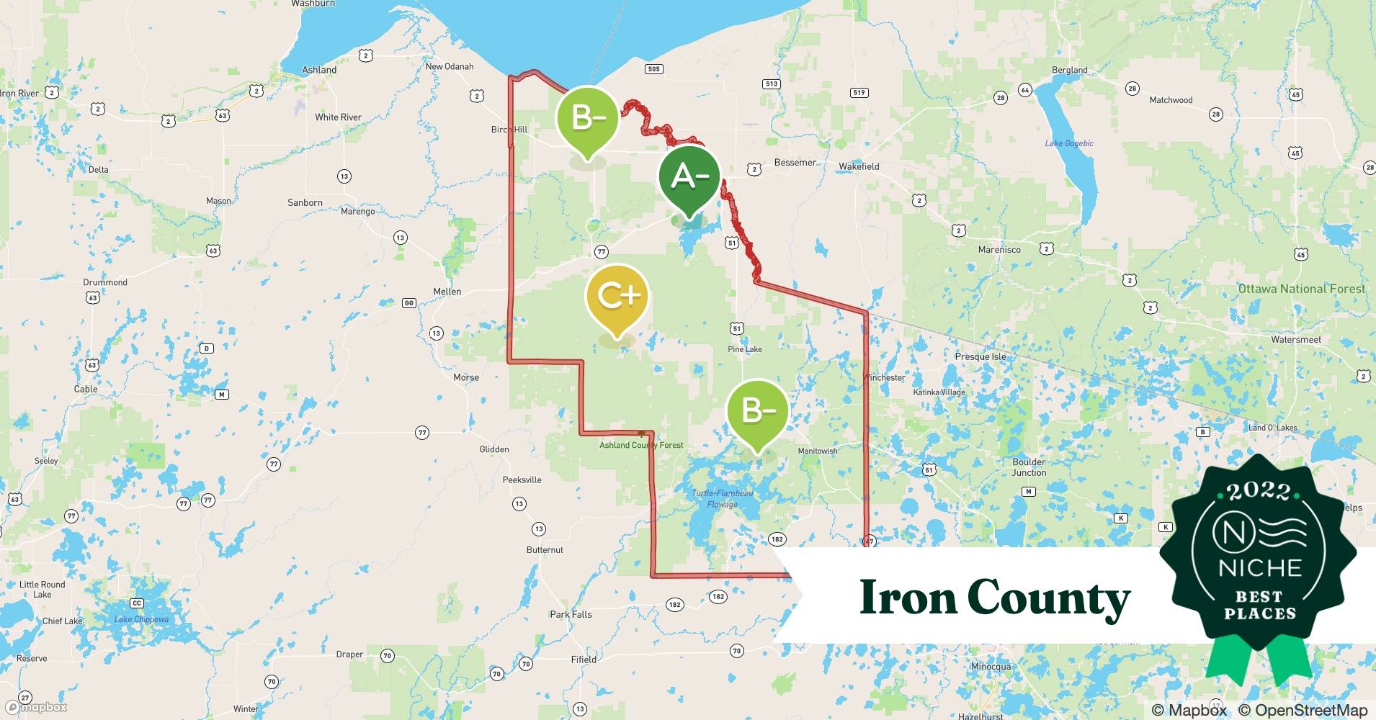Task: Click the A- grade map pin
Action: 689,176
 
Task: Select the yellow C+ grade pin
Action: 617,296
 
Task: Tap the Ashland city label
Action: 319,70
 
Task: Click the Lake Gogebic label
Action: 1069,143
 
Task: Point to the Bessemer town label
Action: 795,163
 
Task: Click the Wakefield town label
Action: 859,166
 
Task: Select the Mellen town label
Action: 447,292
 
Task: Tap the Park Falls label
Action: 571,614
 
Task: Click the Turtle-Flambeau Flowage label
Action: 723,498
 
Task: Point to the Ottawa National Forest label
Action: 1301,289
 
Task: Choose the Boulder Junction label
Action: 1029,467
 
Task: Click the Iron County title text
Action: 995,598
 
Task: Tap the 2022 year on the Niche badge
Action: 1259,491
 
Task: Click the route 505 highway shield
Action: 653,69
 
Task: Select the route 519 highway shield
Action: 859,92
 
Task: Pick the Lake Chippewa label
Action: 141,619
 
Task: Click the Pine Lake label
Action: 744,349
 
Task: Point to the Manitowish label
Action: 818,451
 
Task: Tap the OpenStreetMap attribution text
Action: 1303,710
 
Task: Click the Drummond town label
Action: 105,282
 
